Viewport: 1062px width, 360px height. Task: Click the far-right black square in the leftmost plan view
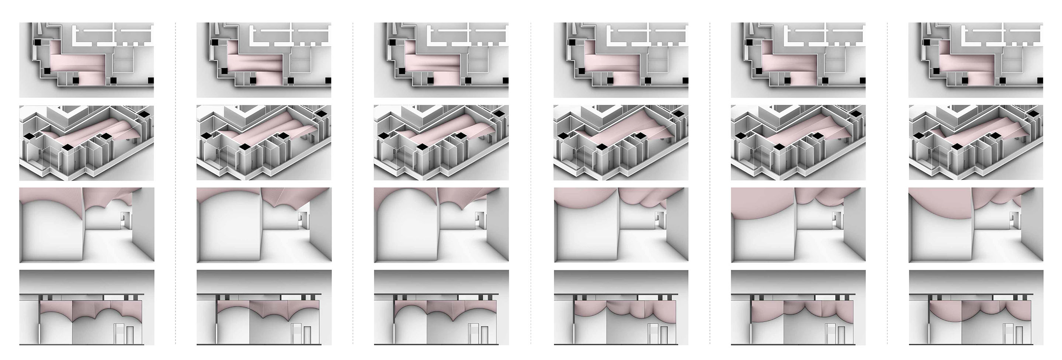pyautogui.click(x=151, y=80)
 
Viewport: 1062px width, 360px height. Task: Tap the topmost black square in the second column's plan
pyautogui.click(x=214, y=42)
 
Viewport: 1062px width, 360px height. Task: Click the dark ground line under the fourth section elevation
pyautogui.click(x=621, y=344)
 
